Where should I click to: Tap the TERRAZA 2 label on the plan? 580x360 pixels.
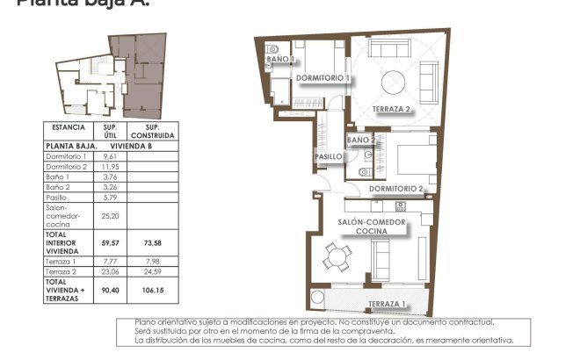391,110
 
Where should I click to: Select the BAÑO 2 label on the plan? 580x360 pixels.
361,140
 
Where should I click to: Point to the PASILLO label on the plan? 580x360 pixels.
328,156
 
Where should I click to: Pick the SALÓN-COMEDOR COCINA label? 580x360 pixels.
373,227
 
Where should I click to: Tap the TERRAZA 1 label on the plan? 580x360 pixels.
387,305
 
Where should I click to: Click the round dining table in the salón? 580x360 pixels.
337,258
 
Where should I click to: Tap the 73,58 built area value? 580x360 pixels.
152,243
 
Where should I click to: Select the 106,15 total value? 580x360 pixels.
152,290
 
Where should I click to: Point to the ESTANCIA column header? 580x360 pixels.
68,127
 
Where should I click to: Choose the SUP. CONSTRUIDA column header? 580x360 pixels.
152,132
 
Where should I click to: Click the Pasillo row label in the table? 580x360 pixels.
57,198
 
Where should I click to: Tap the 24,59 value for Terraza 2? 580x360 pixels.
152,272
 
